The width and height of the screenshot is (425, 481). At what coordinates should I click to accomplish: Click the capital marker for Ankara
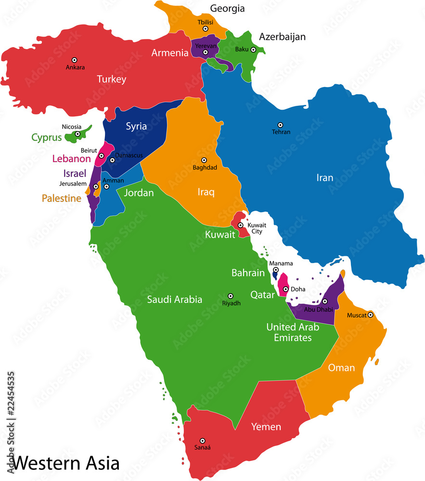click(75, 60)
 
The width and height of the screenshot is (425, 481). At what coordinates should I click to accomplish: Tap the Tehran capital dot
click(281, 124)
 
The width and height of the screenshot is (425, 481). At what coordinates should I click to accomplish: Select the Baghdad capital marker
click(204, 160)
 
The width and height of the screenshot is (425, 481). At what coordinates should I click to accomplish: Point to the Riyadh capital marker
click(231, 296)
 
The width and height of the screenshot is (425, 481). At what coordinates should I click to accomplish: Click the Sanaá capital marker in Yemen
click(203, 441)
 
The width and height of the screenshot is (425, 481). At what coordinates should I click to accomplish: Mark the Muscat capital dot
click(371, 315)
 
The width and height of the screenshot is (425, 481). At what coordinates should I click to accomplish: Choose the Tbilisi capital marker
click(206, 29)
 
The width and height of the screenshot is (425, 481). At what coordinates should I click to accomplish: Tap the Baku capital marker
click(253, 50)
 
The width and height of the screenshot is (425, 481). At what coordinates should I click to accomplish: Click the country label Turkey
click(111, 79)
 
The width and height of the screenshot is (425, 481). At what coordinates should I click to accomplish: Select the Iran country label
click(324, 178)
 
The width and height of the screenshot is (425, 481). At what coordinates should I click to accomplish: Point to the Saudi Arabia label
click(174, 299)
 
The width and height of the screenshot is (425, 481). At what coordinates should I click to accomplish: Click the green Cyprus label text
click(47, 138)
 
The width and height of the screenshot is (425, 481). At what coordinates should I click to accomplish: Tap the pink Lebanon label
click(71, 158)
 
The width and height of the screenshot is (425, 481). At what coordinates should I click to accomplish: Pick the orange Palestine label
click(61, 198)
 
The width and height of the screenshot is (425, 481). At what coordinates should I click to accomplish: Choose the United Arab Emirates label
click(293, 332)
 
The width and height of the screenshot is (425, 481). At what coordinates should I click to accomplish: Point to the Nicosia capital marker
click(77, 134)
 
